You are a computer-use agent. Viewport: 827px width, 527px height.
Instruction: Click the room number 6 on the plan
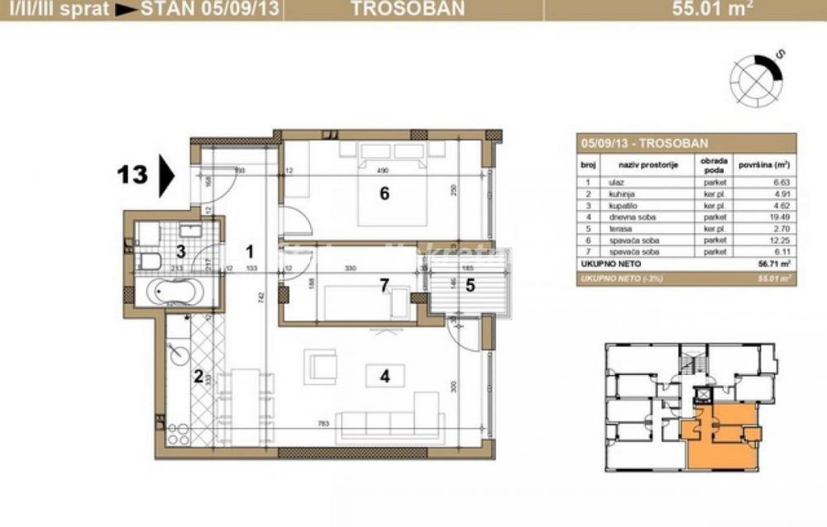pos(384,194)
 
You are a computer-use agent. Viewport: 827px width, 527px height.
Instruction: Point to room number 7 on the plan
pos(384,285)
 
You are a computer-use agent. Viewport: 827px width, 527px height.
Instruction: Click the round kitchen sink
pos(179,354)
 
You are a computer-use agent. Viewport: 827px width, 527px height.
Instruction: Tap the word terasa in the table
pos(619,229)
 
